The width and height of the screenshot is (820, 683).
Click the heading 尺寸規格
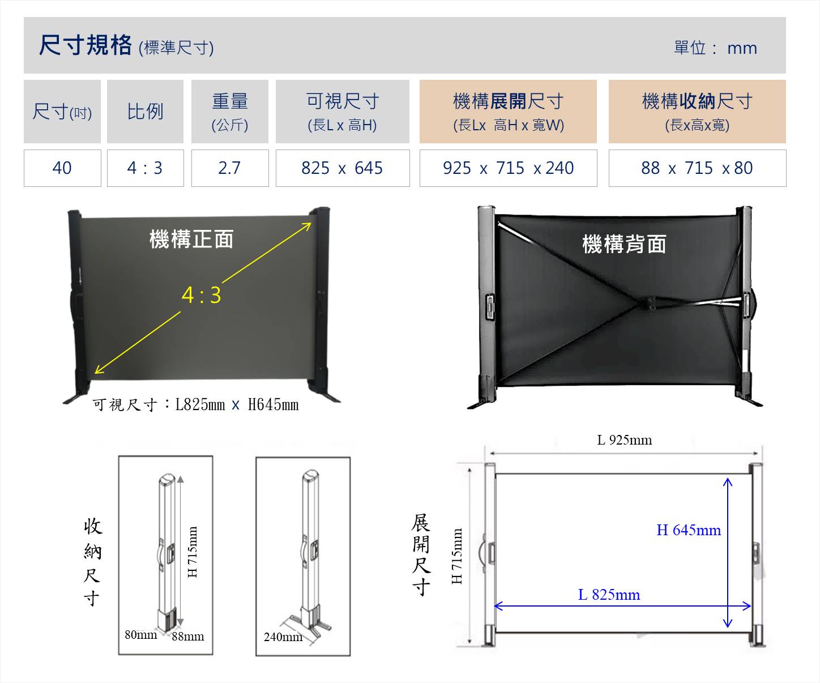coord(85,45)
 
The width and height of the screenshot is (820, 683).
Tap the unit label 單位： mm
coord(716,48)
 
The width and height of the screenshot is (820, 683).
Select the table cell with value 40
coord(62,168)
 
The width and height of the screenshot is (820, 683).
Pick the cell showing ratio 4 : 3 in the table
coord(145,168)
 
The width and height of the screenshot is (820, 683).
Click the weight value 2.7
coord(230,168)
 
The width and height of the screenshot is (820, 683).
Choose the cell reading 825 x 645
coord(343,168)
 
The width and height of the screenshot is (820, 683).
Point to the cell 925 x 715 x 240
coord(508,168)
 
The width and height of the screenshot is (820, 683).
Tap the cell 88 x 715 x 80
coord(698,168)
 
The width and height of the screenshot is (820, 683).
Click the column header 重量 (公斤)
coord(230,112)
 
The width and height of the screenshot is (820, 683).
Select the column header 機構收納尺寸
coord(698,112)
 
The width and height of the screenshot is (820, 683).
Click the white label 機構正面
coord(191,239)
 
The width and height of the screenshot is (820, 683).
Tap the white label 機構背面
coord(625,244)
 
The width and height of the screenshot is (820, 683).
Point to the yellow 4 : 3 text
coord(202,295)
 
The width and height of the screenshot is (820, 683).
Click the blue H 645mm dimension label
coord(689,530)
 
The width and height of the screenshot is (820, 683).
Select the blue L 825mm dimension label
coord(609,595)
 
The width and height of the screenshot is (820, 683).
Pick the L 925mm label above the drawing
coord(625,440)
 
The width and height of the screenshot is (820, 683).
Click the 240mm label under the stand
coord(283,637)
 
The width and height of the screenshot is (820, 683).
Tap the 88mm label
coord(187,636)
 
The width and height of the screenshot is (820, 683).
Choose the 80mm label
coord(140,635)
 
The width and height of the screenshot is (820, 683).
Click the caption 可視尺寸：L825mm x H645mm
coord(195,404)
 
